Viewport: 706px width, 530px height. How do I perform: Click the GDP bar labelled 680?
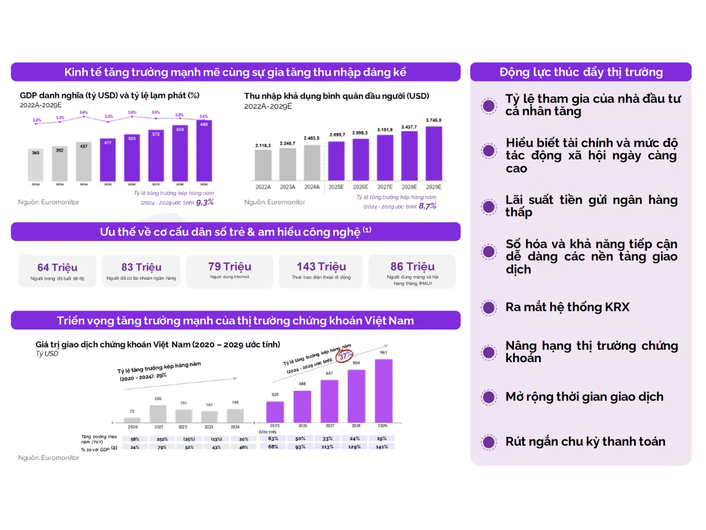point(204,151)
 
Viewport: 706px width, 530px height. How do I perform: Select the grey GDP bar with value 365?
point(36,165)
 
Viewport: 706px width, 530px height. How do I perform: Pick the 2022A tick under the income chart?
point(263,187)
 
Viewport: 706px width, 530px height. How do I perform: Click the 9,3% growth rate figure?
point(205,202)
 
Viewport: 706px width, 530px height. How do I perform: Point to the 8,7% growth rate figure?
point(427,206)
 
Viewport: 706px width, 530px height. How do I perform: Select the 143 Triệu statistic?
point(321,267)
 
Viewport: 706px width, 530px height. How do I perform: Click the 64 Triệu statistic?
point(57,267)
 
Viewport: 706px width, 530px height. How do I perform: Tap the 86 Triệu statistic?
point(412,267)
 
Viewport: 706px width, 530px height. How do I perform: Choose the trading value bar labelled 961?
point(383,390)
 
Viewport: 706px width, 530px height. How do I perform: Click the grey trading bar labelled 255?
point(158,413)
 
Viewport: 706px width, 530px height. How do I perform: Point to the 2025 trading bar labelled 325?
point(275,412)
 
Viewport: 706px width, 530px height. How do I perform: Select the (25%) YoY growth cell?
point(189,439)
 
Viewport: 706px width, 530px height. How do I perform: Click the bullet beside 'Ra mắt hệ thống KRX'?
point(488,307)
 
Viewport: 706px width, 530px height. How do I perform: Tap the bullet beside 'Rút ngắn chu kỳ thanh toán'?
point(488,442)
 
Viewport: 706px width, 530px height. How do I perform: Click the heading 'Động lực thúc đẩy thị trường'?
point(581,72)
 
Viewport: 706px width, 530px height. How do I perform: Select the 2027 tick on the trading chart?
point(329,425)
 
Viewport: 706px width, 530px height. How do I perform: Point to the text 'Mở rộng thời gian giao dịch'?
point(584,397)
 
